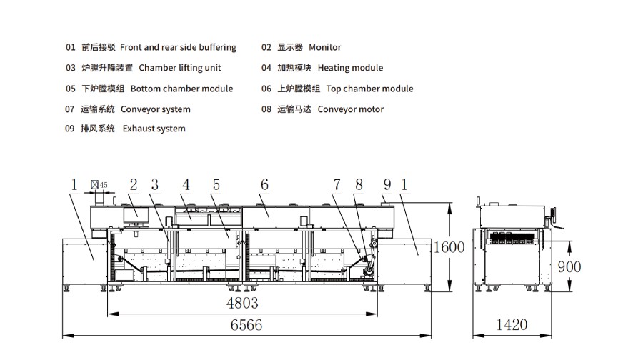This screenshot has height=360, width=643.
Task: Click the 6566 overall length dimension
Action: (x=246, y=325)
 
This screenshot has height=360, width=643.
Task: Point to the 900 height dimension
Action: (x=569, y=266)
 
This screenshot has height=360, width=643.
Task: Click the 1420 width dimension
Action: (x=512, y=325)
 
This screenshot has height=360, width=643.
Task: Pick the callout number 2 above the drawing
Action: (x=133, y=184)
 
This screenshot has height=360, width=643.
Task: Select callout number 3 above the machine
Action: (x=154, y=184)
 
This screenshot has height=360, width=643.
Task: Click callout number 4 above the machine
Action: (x=186, y=184)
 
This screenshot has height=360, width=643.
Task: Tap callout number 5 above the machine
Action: (x=215, y=184)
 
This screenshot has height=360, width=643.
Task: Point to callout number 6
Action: (x=264, y=184)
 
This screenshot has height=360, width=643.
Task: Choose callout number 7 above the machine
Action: (x=337, y=184)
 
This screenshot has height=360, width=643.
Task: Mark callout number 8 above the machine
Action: (x=359, y=184)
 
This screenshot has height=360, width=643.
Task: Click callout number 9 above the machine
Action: (x=387, y=184)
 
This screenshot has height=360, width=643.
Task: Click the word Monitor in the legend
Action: (x=325, y=47)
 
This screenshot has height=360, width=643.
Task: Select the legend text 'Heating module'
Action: (x=350, y=68)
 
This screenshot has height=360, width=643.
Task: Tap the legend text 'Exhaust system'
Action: (x=154, y=129)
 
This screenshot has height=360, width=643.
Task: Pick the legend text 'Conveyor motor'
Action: (x=350, y=109)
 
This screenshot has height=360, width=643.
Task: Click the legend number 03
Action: (x=70, y=68)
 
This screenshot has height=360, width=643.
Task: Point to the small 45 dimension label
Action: (x=104, y=185)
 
